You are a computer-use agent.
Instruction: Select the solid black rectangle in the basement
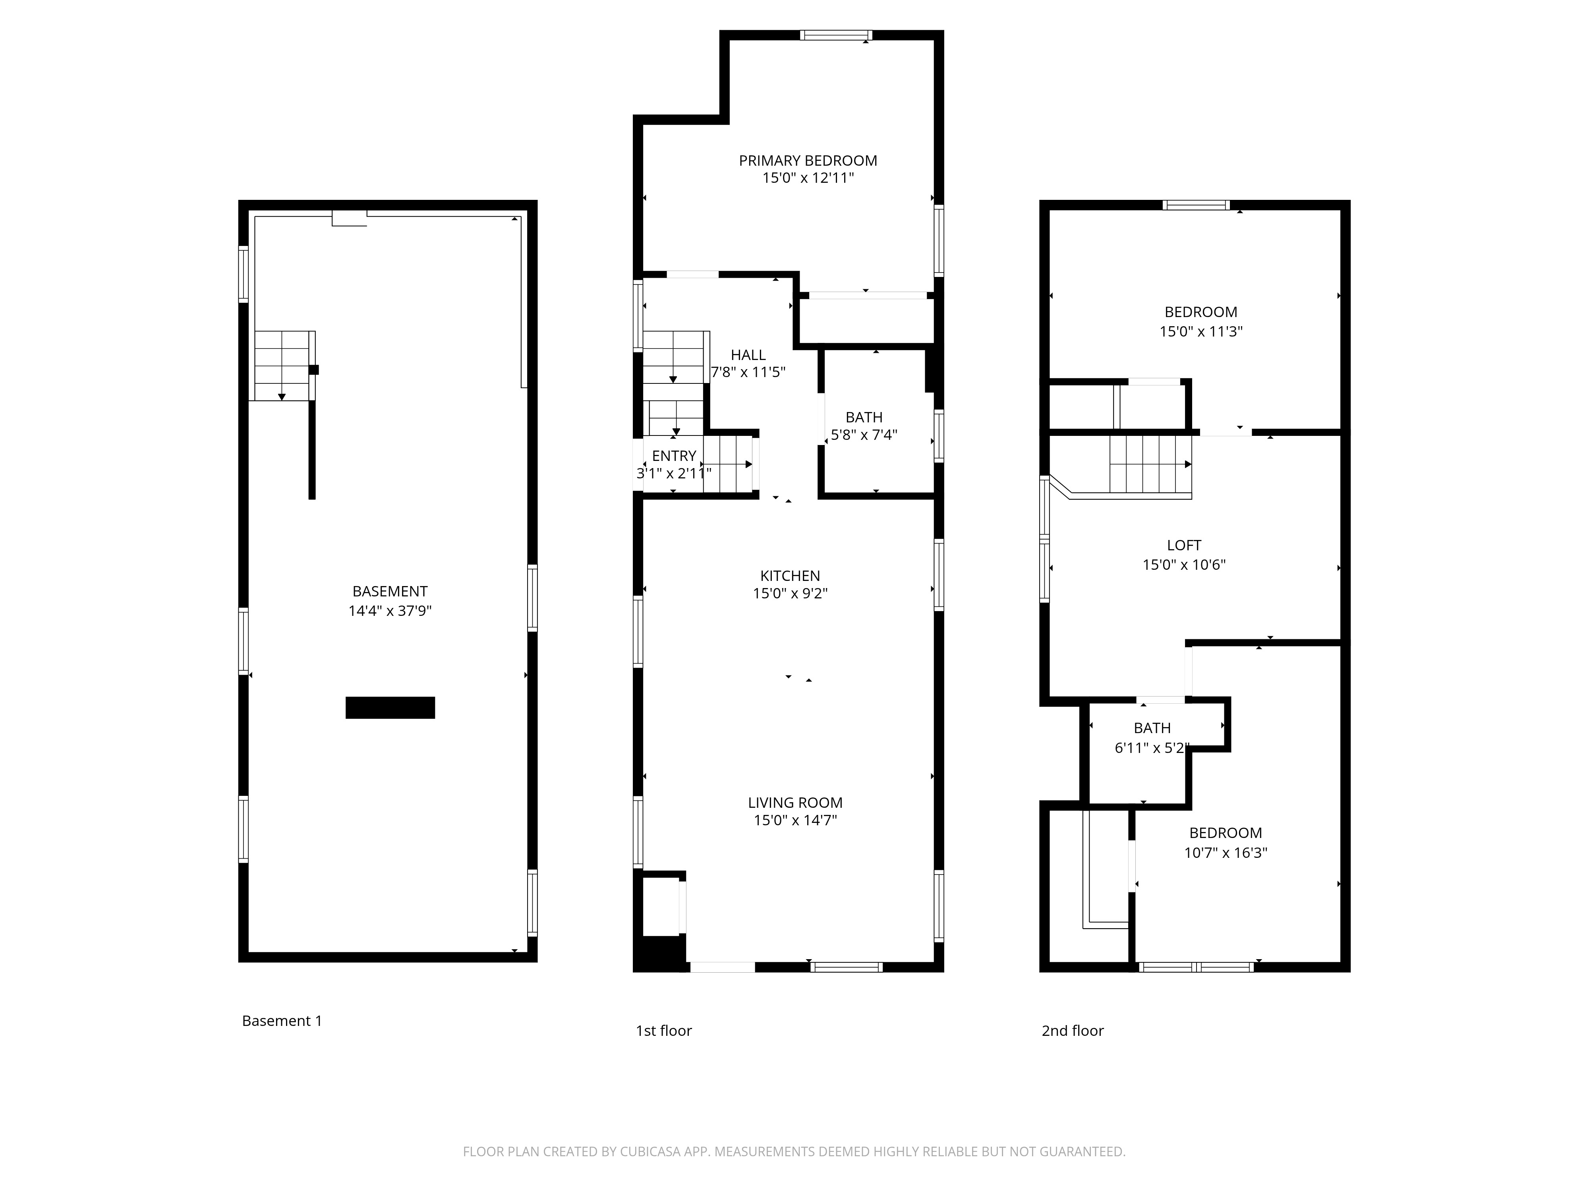click(390, 708)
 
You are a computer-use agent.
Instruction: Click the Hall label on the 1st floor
click(748, 355)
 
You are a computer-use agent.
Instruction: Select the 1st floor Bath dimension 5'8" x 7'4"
click(864, 435)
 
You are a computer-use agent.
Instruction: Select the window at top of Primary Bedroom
click(836, 35)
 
